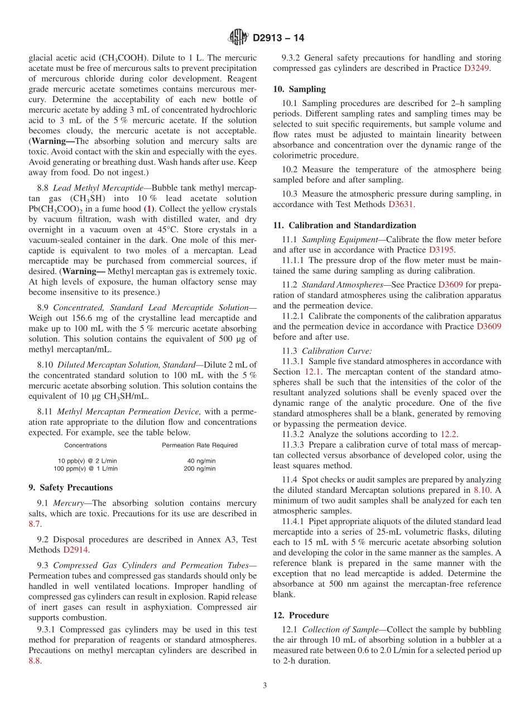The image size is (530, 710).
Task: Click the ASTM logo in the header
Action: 238,38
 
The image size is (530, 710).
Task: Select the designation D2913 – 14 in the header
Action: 278,39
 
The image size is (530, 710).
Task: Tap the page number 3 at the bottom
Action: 265,685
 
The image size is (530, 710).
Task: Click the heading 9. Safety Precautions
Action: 70,487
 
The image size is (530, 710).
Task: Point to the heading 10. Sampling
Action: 299,89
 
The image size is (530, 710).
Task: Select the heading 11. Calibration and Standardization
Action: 344,226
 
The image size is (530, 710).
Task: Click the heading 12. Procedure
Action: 301,615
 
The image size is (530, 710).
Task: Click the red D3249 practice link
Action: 477,68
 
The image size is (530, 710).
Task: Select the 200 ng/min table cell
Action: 200,469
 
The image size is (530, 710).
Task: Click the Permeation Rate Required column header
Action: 200,445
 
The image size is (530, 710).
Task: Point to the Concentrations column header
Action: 85,445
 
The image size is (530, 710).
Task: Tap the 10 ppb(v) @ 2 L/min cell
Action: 88,460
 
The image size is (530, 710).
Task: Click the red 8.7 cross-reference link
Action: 35,524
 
